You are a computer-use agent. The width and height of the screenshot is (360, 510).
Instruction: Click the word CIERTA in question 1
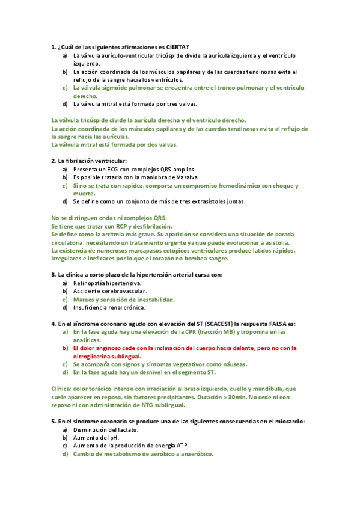[175, 46]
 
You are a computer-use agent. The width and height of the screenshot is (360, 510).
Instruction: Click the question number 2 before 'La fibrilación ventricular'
[53, 161]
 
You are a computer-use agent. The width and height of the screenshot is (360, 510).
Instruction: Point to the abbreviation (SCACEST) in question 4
[206, 323]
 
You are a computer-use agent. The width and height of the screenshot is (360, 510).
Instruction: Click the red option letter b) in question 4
[65, 348]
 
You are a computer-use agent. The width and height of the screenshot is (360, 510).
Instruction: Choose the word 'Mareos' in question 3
[84, 299]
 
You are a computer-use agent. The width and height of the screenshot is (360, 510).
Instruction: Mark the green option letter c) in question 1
[65, 88]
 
